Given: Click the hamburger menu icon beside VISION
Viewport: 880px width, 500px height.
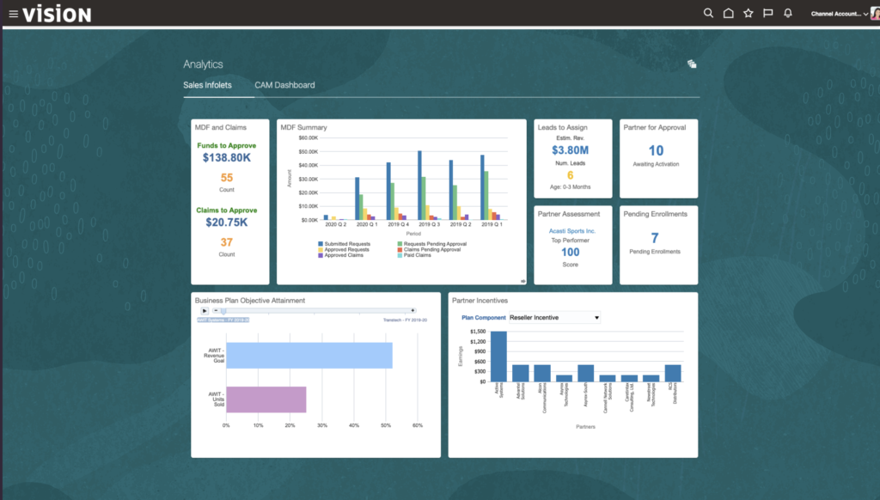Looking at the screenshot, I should pos(13,14).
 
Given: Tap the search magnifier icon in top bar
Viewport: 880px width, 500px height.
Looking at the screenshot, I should pos(708,14).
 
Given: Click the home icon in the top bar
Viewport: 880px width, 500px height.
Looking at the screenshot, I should pos(729,14).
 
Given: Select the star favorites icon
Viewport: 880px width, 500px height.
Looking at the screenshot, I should pos(749,14).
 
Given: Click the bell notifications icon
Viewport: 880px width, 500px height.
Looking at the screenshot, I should pos(788,14).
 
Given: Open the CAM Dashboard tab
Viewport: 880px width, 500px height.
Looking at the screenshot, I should pos(284,85).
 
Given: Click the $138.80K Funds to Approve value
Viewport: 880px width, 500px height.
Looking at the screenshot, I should pos(227,158).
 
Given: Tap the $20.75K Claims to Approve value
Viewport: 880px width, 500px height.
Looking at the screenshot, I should pos(227,223).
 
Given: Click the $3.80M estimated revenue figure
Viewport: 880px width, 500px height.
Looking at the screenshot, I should pos(570,151).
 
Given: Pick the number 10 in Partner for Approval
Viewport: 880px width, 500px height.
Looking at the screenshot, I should pos(656,150).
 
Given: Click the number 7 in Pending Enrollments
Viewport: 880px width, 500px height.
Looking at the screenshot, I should pos(655,238).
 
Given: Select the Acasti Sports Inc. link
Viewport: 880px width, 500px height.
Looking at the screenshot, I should pos(572,231).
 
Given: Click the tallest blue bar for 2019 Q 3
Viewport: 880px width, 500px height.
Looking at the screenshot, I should pos(419,185).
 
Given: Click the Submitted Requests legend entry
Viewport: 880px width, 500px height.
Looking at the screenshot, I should pos(345,244).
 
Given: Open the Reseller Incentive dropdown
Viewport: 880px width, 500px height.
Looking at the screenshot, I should pos(553,318).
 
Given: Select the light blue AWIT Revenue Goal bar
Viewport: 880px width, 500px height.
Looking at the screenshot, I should pos(309,355).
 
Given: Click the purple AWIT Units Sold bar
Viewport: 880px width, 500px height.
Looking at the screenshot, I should pos(266,399).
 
